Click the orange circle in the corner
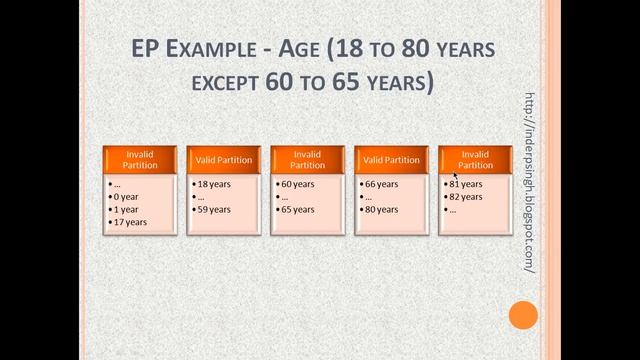pos(523,317)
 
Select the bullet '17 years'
pos(132,222)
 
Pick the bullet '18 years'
pos(214,184)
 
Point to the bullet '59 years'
pos(214,210)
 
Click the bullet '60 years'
pos(298,184)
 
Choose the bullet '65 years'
pos(298,210)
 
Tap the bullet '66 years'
pos(382,184)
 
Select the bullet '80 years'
pos(382,210)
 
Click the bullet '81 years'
pos(466,184)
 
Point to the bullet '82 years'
pos(466,197)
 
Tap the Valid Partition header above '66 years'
pos(392,160)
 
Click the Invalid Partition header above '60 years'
pos(308,160)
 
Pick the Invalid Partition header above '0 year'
pos(140,160)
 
